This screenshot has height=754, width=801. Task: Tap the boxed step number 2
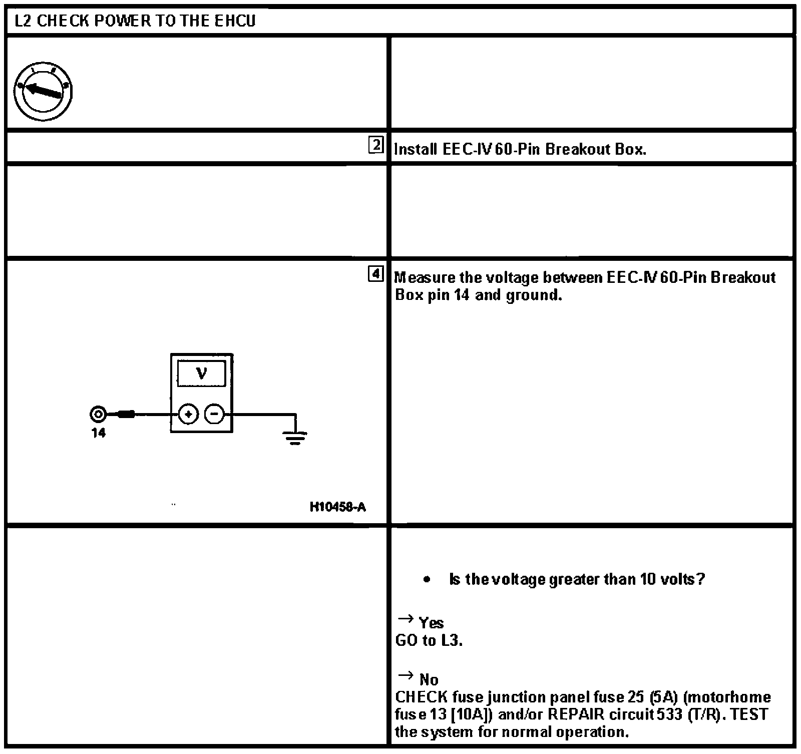tap(375, 146)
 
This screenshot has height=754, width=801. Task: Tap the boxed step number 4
tap(375, 274)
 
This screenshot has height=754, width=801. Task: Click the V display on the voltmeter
tap(201, 373)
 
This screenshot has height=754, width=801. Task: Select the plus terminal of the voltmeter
tap(188, 415)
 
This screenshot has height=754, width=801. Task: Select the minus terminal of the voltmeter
tap(215, 415)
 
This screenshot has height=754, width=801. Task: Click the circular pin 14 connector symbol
tap(98, 415)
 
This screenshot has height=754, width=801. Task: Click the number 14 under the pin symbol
tap(99, 434)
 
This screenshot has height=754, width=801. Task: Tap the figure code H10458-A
tap(338, 507)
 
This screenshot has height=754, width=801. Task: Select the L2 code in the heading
tap(24, 21)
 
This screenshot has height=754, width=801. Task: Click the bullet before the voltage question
tap(427, 580)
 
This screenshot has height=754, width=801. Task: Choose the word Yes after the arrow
tap(431, 623)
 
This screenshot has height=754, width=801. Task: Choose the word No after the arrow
tap(429, 680)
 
